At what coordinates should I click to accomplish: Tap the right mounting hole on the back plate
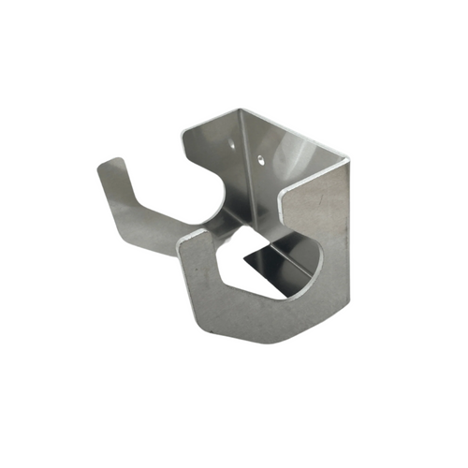tap(262, 159)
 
